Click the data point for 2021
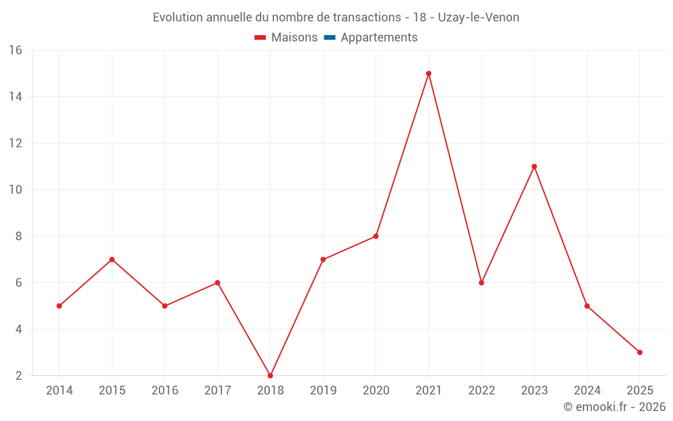click(429, 73)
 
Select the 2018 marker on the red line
click(271, 375)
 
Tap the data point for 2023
click(534, 166)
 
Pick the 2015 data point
click(112, 259)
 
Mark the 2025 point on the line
click(640, 352)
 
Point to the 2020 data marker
click(376, 236)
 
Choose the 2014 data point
click(59, 306)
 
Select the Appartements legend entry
click(379, 38)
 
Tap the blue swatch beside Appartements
click(330, 38)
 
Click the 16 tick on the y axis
click(15, 51)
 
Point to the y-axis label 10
click(15, 190)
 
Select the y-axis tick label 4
click(19, 329)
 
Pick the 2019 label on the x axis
click(323, 391)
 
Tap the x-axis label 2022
click(481, 391)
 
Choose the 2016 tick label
click(165, 391)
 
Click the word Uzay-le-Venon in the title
click(479, 18)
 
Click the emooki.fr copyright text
click(614, 407)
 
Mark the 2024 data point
click(587, 306)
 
